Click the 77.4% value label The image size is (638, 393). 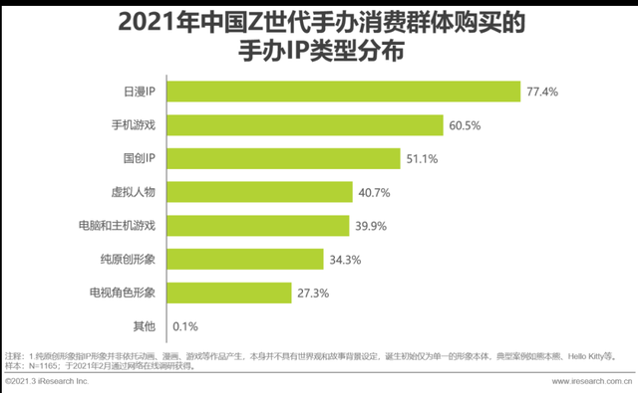click(542, 92)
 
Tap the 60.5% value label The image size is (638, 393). click(466, 125)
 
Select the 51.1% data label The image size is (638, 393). click(421, 158)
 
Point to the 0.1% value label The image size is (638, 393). click(186, 326)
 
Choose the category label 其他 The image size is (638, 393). click(145, 326)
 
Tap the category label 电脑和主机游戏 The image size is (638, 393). click(118, 225)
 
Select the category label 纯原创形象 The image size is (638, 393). click(125, 259)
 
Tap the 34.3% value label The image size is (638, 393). click(344, 259)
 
